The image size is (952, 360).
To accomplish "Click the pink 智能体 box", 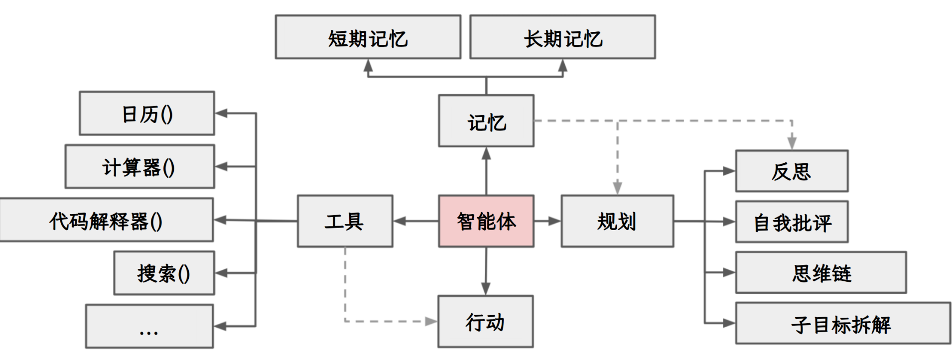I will point(486,221).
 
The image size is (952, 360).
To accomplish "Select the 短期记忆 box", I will point(368,37).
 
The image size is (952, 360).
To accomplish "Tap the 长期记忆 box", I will point(562,37).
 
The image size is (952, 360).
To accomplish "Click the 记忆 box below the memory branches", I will point(486,121).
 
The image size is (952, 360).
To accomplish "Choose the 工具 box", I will point(345,221).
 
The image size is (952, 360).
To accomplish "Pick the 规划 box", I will point(617,221).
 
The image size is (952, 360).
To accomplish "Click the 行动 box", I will point(485,322).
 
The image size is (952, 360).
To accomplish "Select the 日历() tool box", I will point(147,114).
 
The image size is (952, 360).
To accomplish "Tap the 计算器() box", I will point(139,167).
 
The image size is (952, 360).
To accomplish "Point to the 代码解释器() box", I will point(107,220).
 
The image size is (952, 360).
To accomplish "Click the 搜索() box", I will point(164,273).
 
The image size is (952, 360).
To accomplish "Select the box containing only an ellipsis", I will point(149,327).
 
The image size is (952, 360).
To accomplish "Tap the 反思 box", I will point(792,171).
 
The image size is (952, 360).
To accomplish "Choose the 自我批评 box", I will point(792,222).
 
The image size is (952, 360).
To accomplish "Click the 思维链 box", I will point(820,273).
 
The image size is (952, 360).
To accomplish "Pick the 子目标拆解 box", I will point(842,324).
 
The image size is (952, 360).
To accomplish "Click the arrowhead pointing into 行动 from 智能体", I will point(486,289).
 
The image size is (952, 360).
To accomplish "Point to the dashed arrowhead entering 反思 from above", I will point(792,143).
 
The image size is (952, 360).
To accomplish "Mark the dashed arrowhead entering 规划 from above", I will point(617,188).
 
